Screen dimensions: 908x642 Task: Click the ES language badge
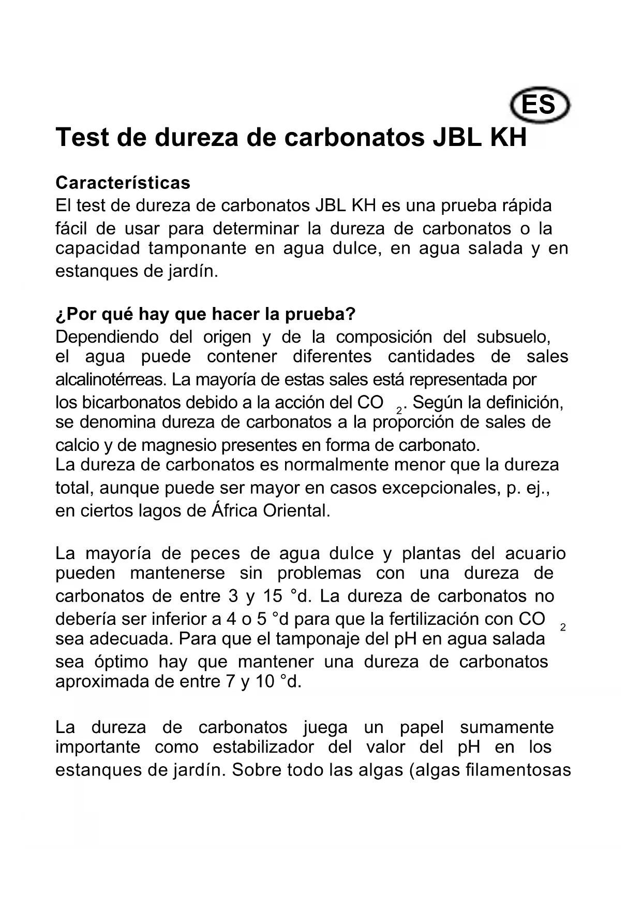[x=540, y=105]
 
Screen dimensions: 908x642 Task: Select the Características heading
[x=123, y=183]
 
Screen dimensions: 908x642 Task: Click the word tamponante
[x=198, y=248]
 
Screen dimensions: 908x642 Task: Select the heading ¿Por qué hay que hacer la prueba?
[x=205, y=314]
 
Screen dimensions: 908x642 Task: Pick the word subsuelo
[x=513, y=337]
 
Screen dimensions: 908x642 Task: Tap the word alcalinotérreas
[x=111, y=379]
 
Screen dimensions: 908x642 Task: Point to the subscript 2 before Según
[x=399, y=411]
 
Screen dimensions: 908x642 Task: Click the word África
[x=234, y=511]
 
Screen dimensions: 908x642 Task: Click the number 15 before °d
[x=273, y=596]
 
